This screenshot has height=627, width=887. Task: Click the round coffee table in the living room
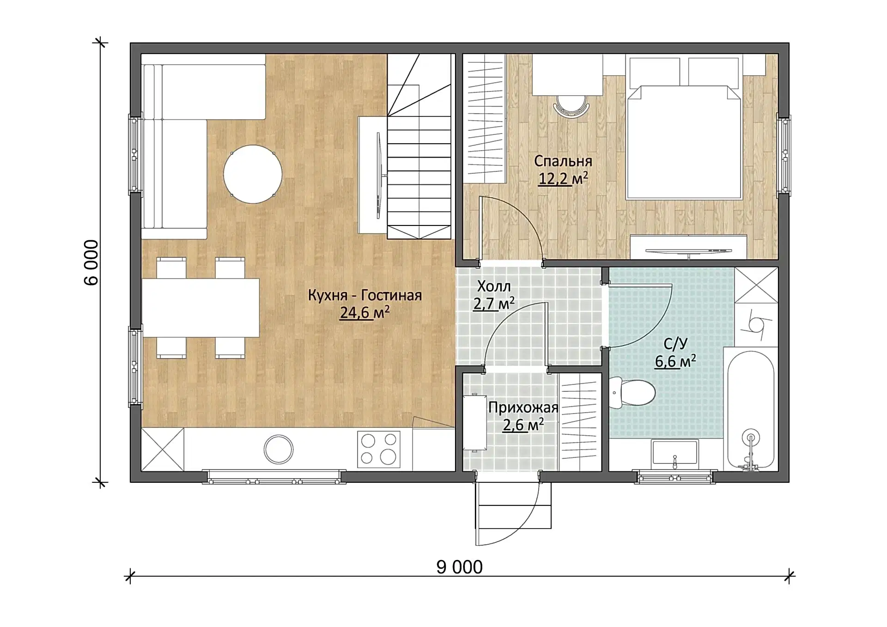click(x=253, y=174)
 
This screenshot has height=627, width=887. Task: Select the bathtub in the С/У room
click(x=751, y=409)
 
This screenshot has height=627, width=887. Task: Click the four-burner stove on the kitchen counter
click(x=379, y=449)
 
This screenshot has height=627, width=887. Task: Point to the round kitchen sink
click(x=279, y=449)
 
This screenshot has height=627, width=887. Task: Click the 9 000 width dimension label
click(x=460, y=567)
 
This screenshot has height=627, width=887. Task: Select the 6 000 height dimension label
click(x=91, y=262)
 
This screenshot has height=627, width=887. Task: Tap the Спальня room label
click(x=563, y=161)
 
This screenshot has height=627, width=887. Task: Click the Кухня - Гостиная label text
click(x=365, y=295)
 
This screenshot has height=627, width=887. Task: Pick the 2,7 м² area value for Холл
click(x=494, y=304)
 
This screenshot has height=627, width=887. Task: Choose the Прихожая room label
click(x=523, y=408)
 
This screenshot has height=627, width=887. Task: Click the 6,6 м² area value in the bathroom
click(x=675, y=361)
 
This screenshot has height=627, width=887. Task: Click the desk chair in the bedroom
click(x=571, y=107)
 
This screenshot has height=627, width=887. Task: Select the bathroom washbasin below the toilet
click(x=675, y=452)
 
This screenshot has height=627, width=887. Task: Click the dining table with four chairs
click(x=200, y=308)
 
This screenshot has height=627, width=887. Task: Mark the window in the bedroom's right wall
click(x=784, y=156)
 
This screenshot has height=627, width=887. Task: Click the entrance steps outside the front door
click(x=513, y=505)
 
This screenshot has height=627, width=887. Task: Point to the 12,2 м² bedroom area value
click(x=563, y=178)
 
